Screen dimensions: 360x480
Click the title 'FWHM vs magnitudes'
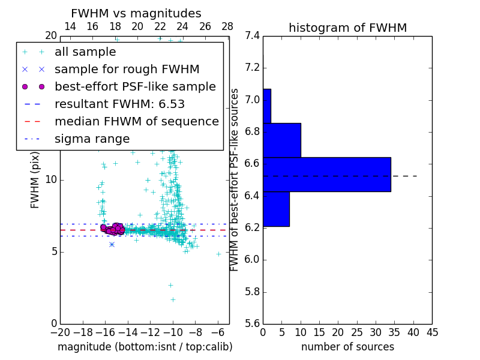[136, 14]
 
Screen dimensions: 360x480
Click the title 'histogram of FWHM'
[347, 28]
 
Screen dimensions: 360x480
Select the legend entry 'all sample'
[85, 52]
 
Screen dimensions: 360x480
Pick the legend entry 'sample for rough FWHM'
[127, 70]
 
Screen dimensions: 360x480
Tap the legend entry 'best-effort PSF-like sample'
[135, 87]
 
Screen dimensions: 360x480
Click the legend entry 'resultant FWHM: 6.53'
[119, 104]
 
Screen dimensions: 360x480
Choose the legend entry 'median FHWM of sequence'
[136, 122]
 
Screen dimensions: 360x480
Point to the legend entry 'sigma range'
[92, 139]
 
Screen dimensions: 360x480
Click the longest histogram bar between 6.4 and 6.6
[326, 175]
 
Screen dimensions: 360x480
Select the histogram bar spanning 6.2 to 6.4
[276, 209]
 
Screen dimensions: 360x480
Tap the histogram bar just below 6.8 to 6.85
[281, 140]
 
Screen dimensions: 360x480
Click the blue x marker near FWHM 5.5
[112, 244]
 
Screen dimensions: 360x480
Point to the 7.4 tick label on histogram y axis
[251, 36]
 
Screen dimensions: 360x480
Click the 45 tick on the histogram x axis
[432, 332]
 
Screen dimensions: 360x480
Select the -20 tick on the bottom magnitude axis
[60, 332]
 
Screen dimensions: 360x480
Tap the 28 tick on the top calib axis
[227, 26]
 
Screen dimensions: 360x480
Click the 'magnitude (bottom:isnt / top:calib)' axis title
[145, 347]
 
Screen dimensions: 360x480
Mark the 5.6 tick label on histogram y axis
[251, 323]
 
